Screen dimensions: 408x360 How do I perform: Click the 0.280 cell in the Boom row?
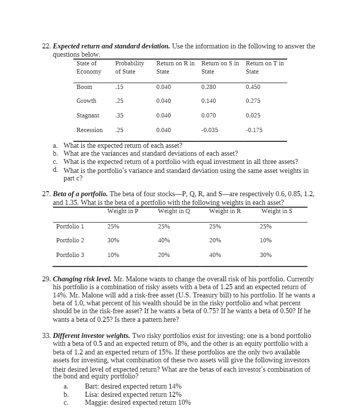point(208,87)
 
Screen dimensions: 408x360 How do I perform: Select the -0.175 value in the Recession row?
point(254,130)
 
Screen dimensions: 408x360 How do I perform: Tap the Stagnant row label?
point(88,115)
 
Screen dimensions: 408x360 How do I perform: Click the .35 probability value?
point(119,115)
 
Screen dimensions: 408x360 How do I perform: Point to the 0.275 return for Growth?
point(253,101)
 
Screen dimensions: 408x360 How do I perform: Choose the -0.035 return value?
point(209,130)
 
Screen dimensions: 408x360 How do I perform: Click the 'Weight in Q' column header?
point(174,211)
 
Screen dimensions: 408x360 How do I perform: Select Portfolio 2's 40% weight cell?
point(164,240)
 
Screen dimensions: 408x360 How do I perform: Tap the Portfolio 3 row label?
point(70,255)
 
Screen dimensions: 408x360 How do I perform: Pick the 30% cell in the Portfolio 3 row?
point(265,255)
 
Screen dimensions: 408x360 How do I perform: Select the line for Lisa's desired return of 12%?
point(133,394)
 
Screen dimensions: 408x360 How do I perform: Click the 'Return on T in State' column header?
point(265,67)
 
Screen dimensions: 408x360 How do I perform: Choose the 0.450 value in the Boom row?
point(253,87)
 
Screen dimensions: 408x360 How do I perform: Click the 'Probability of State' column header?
point(129,67)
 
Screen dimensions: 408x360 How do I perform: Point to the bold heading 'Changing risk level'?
point(82,279)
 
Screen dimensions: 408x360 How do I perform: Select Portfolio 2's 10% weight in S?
point(265,240)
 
